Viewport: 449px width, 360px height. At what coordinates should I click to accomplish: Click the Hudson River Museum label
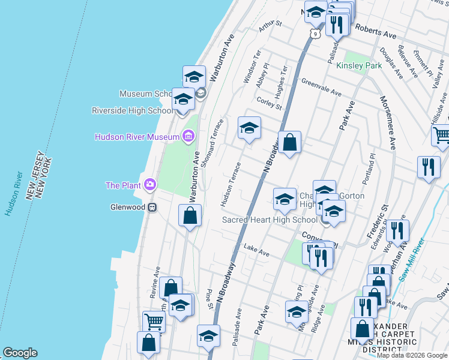[x=137, y=137]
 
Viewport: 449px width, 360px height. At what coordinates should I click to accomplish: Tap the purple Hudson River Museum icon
[x=188, y=137]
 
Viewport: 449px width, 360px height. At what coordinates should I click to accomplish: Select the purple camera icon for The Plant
[x=149, y=185]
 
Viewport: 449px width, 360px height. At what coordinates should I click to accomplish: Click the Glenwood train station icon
[x=152, y=208]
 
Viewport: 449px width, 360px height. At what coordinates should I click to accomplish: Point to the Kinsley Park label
[x=359, y=65]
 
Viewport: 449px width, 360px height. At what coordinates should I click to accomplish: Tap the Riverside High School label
[x=133, y=110]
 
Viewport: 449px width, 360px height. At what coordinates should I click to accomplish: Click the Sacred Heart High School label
[x=270, y=220]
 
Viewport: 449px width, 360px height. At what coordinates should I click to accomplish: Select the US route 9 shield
[x=314, y=34]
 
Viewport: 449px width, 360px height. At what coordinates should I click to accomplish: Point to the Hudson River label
[x=14, y=194]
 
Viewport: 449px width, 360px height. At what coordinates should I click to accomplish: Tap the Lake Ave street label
[x=256, y=251]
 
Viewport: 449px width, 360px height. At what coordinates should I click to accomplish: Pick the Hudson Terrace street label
[x=231, y=185]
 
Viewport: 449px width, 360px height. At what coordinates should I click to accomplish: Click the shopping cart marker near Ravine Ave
[x=154, y=322]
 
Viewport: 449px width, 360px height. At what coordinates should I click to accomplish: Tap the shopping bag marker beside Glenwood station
[x=190, y=216]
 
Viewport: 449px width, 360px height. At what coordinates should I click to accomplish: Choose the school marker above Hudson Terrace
[x=249, y=129]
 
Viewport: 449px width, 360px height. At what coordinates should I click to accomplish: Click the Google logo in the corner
[x=20, y=353]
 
